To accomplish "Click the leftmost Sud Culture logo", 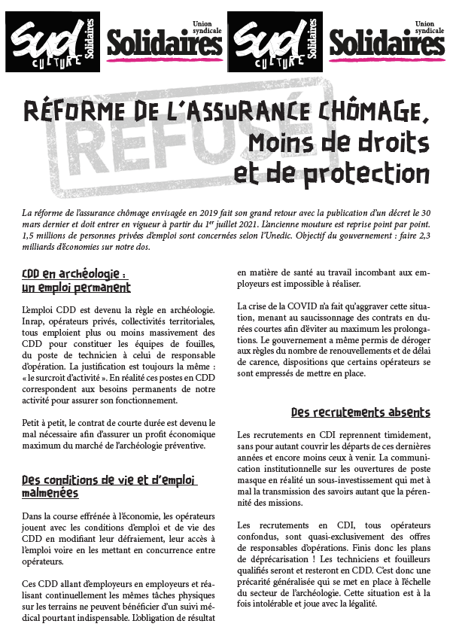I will coord(52,41).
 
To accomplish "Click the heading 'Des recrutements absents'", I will coord(360,412).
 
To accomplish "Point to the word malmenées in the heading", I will coord(50,493).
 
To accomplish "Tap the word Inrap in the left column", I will coord(34,322).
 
